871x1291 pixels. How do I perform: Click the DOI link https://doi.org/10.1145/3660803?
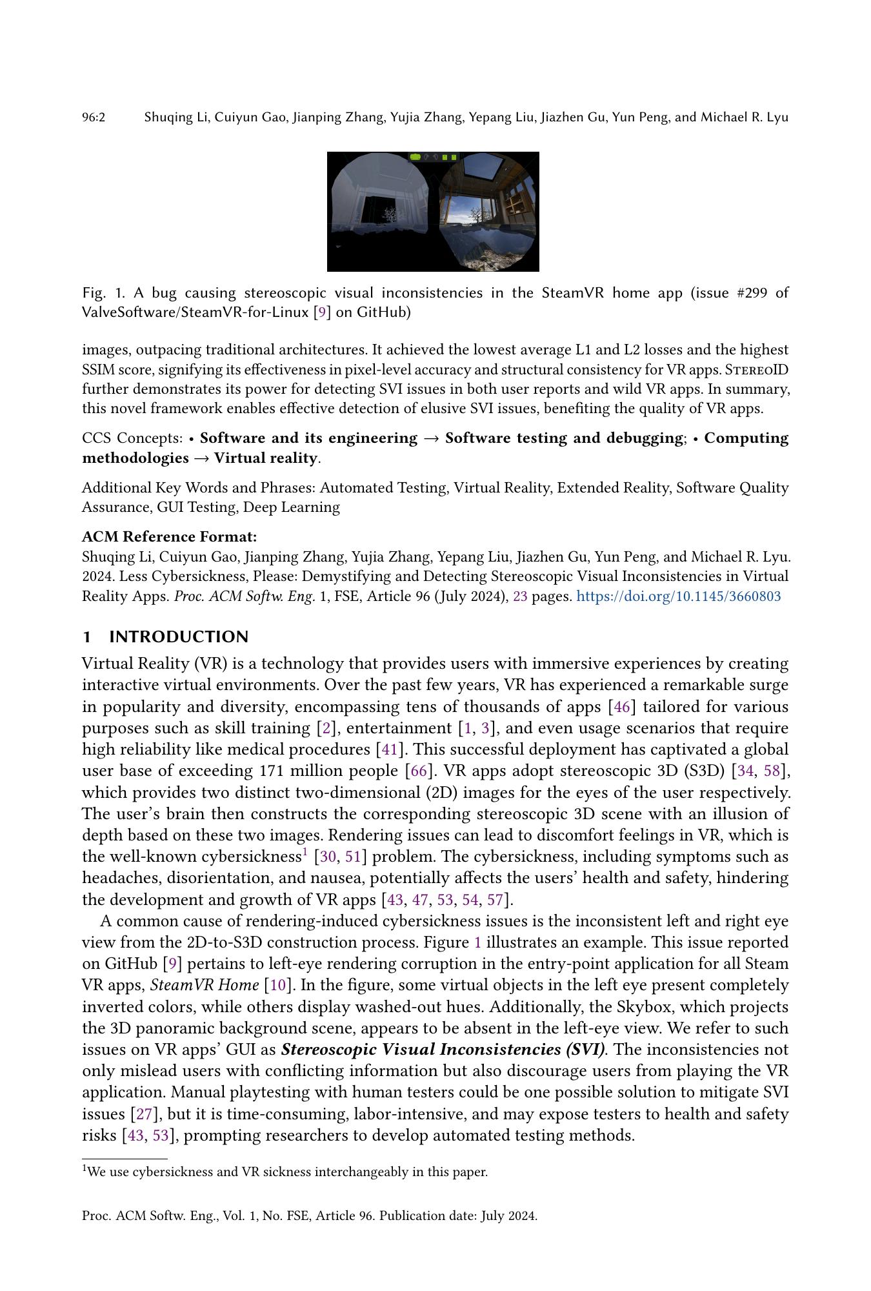click(x=678, y=596)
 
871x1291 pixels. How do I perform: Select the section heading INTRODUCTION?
click(x=178, y=637)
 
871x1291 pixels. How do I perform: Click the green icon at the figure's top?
click(x=415, y=157)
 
